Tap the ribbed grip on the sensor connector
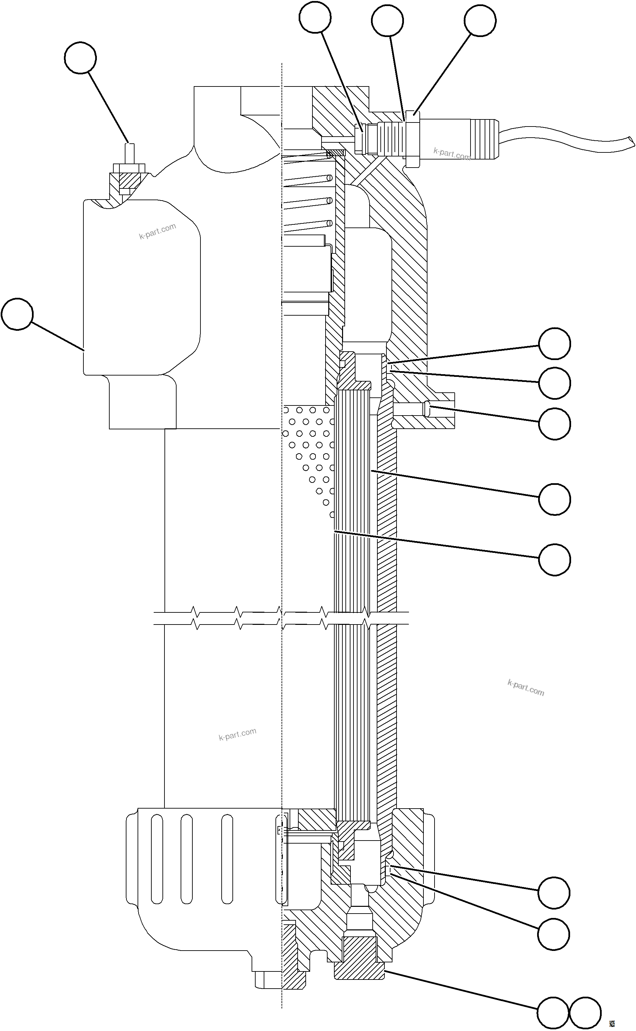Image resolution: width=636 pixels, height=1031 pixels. [x=484, y=139]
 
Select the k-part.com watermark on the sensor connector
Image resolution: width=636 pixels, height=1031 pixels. [x=451, y=154]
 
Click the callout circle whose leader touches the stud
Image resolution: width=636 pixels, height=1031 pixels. [x=80, y=58]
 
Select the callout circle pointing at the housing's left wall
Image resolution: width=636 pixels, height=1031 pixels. [x=17, y=314]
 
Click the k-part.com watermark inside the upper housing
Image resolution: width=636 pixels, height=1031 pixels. [x=157, y=232]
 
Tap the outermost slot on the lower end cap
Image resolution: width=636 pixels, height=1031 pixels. [x=156, y=858]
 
